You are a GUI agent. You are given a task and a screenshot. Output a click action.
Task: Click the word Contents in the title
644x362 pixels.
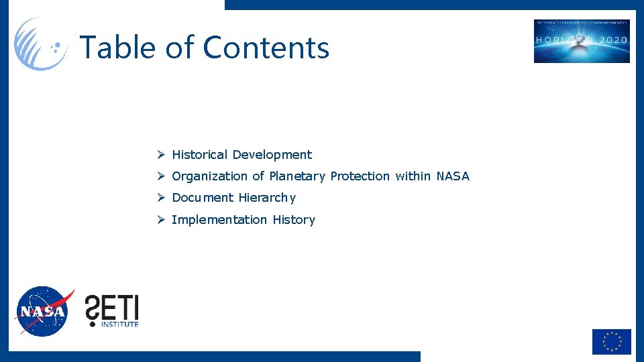(x=266, y=48)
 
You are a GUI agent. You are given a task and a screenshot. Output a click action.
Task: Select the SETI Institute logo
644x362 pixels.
(x=111, y=310)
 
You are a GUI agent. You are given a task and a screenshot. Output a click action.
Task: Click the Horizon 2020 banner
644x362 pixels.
(x=582, y=41)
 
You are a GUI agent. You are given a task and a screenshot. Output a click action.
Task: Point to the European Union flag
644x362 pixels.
(x=611, y=341)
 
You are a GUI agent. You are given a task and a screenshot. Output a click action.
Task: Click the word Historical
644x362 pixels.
(x=200, y=155)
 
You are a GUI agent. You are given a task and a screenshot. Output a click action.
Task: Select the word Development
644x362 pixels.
(x=272, y=155)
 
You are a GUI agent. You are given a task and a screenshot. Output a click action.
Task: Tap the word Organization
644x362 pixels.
(x=209, y=176)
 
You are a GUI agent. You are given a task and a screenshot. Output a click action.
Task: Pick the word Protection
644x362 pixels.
(x=360, y=176)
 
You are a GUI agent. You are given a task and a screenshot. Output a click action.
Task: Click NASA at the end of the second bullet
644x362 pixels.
(x=453, y=176)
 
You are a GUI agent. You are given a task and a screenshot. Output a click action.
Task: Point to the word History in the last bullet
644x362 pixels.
(x=294, y=220)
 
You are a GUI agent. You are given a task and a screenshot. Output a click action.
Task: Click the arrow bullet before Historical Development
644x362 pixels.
(x=161, y=155)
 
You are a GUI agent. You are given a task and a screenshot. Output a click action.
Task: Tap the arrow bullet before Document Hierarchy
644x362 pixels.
(x=161, y=198)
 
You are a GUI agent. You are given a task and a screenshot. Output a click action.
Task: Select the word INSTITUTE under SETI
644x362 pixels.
(x=119, y=324)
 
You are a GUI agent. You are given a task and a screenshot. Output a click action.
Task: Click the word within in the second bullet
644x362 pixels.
(x=413, y=176)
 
